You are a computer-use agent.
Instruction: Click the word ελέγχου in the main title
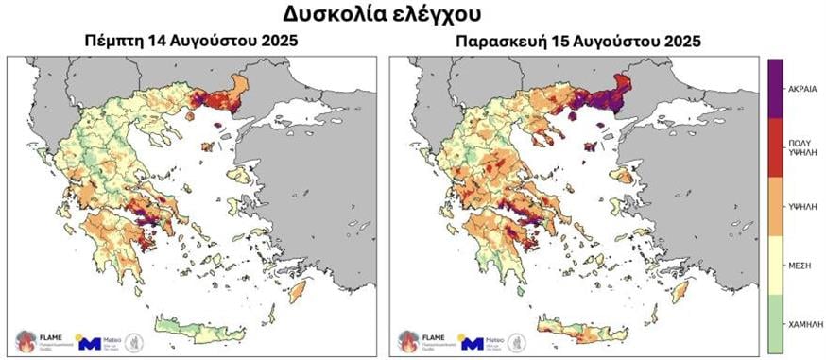pos(449,15)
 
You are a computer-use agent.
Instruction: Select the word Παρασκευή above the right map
pos(497,41)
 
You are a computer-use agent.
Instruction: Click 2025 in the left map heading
pos(277,41)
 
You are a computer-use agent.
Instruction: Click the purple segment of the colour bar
pos(774,88)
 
